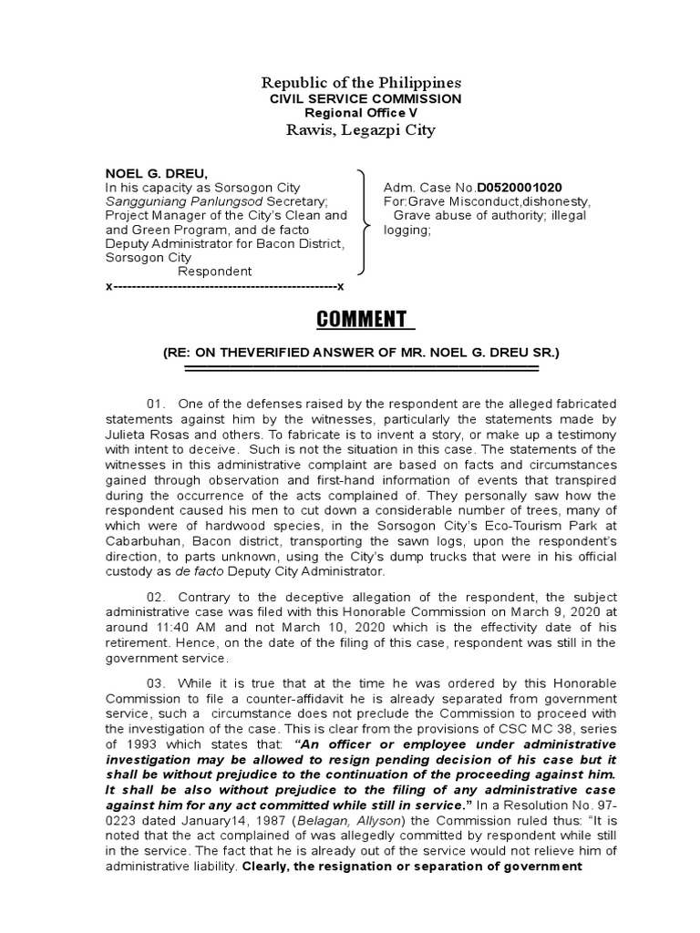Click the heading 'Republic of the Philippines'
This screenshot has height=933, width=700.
pos(349,81)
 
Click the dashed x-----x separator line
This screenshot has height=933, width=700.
pos(224,286)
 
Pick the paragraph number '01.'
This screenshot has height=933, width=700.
pos(159,404)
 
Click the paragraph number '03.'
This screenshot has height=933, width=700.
pos(159,683)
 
